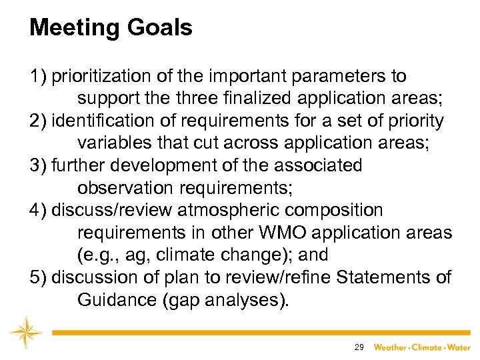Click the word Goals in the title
161,28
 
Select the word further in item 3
75,165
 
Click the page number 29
359,347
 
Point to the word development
156,165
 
